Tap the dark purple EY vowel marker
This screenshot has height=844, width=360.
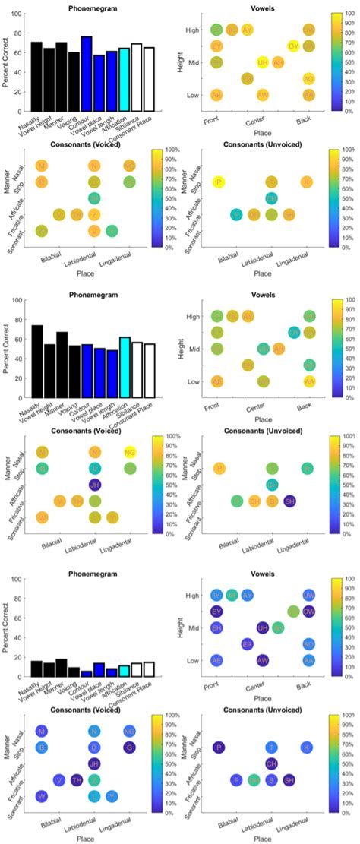tap(216, 610)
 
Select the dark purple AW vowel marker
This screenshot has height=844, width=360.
tap(263, 660)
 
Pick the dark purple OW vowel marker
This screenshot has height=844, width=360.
tap(308, 610)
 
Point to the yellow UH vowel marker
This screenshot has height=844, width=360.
tap(263, 62)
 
